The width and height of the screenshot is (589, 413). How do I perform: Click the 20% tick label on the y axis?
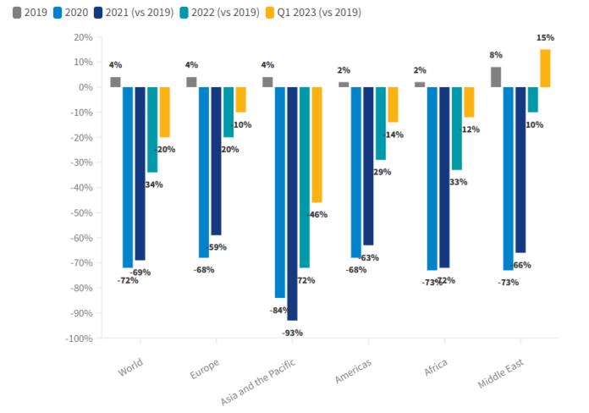(x=81, y=37)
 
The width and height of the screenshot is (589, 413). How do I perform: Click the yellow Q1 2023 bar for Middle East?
(x=545, y=69)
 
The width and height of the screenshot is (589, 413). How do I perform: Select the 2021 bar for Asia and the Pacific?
(x=292, y=203)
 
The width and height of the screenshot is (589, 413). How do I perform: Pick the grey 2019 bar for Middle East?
(x=495, y=77)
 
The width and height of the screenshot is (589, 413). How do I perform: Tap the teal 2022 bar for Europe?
(x=228, y=112)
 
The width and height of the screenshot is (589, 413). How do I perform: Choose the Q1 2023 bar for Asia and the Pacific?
(x=317, y=145)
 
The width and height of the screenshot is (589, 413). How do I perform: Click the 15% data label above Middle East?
(x=545, y=38)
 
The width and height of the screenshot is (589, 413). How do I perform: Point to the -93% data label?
(x=292, y=333)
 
